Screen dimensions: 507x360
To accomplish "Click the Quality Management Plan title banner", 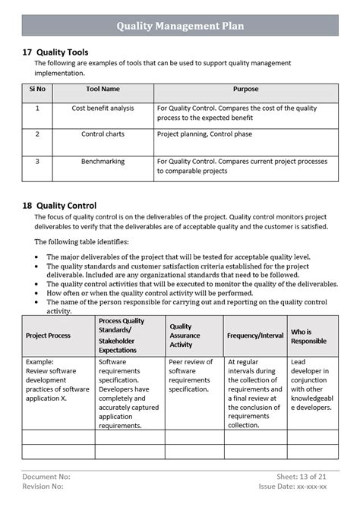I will point(180,25).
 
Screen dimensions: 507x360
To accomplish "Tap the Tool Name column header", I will point(103,90).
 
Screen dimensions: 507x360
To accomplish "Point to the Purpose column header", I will point(245,90).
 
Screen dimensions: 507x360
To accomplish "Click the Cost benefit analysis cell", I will point(103,109).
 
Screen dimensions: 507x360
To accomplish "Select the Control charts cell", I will point(103,134).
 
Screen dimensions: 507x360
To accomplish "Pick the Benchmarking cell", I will point(103,161).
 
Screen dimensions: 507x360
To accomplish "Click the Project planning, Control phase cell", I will point(210,134).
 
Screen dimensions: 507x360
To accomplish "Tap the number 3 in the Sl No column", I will point(37,161).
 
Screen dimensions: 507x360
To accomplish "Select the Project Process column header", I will point(49,335).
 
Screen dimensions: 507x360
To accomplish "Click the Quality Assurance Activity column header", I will point(185,335).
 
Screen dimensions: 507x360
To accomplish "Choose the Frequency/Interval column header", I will point(254,335).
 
